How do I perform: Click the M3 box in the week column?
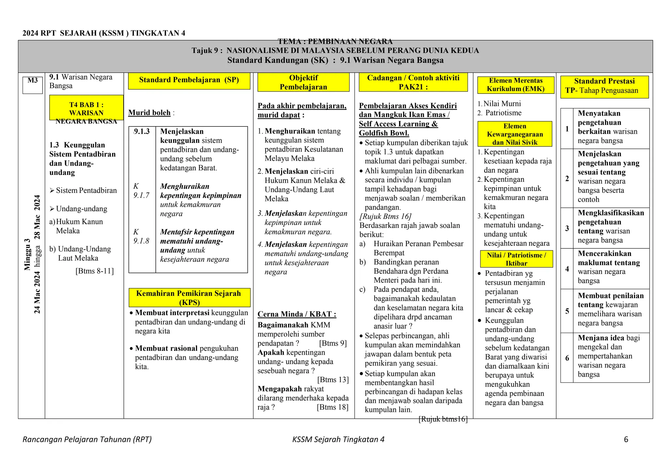coord(32,85)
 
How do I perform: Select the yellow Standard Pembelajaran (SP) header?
coord(189,80)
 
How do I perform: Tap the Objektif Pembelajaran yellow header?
coord(303,82)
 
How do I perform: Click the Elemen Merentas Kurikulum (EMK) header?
coord(515,85)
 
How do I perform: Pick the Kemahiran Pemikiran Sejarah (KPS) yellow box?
coord(189,297)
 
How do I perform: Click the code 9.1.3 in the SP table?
coord(142,131)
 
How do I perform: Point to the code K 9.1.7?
coord(141,191)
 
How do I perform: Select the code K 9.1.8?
coord(141,237)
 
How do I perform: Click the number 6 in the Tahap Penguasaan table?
coord(567,358)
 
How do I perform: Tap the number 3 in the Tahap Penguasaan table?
coord(567,229)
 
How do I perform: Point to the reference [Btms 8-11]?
coord(94,271)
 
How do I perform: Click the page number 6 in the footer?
coord(626,440)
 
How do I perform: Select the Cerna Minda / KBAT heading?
coord(297,314)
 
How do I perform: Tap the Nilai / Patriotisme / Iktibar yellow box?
coord(516,259)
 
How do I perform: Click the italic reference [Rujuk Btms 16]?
coord(385,216)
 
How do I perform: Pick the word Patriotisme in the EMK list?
coord(503,113)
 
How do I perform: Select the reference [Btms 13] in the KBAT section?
coord(333,380)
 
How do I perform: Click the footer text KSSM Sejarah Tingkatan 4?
coord(338,440)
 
